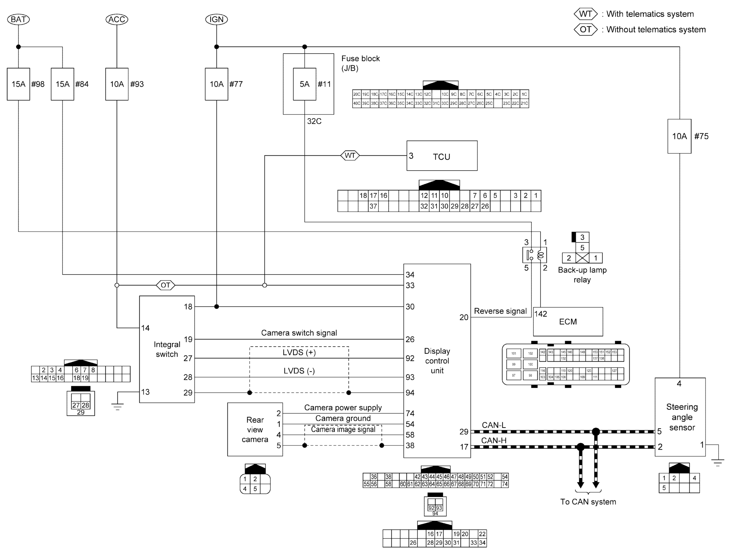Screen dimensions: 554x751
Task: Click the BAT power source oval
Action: [x=18, y=19]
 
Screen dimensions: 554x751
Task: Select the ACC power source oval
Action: [x=117, y=19]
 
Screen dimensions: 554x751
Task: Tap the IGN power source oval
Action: [x=216, y=19]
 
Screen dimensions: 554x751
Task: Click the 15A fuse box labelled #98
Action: [x=18, y=84]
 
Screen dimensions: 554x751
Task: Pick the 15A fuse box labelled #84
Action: [x=62, y=84]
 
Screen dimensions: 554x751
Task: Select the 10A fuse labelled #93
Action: [x=117, y=84]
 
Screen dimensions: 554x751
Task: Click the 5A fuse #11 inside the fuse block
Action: [x=305, y=84]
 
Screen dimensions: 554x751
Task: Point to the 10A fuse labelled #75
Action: [x=679, y=136]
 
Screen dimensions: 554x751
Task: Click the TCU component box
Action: [x=442, y=156]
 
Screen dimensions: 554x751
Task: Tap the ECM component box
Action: [x=568, y=322]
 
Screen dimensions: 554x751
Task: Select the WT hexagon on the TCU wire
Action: [x=350, y=155]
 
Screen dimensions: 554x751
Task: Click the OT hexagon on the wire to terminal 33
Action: [x=165, y=285]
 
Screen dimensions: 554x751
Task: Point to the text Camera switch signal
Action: [x=299, y=333]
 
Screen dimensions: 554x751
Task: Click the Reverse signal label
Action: [x=500, y=311]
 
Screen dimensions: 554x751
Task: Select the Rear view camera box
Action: [x=255, y=429]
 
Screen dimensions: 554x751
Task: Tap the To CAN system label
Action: [x=588, y=502]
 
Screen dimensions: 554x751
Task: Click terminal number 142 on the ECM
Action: [x=541, y=314]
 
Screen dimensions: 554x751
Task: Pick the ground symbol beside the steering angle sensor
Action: [x=718, y=462]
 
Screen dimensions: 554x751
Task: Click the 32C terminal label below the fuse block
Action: [x=314, y=121]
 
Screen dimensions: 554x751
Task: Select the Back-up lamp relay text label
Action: [x=582, y=275]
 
